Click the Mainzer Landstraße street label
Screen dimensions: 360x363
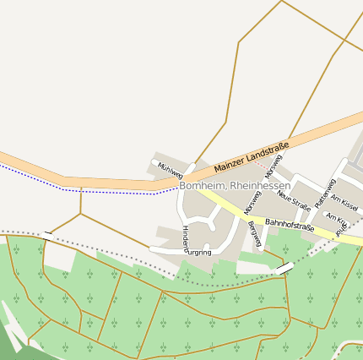click(252, 158)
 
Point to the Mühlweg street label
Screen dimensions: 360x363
click(170, 168)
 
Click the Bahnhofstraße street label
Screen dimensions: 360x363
click(290, 226)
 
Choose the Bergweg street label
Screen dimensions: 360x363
click(255, 233)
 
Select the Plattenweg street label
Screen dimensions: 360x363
click(325, 194)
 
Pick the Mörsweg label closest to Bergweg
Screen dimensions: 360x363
click(252, 201)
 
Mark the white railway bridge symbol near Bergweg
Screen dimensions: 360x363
click(285, 268)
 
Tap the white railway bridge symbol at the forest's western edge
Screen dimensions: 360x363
click(47, 233)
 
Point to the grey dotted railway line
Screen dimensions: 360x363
click(127, 259)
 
